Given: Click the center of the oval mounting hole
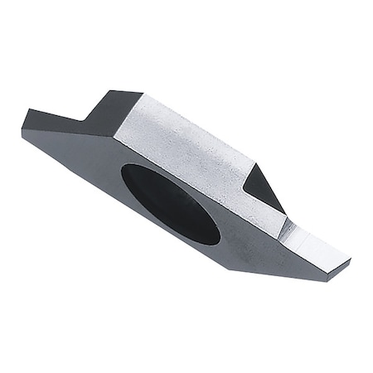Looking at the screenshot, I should tap(170, 203).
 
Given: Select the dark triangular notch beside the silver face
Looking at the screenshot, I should tap(264, 189).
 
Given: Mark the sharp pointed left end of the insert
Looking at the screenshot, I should tap(23, 130).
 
